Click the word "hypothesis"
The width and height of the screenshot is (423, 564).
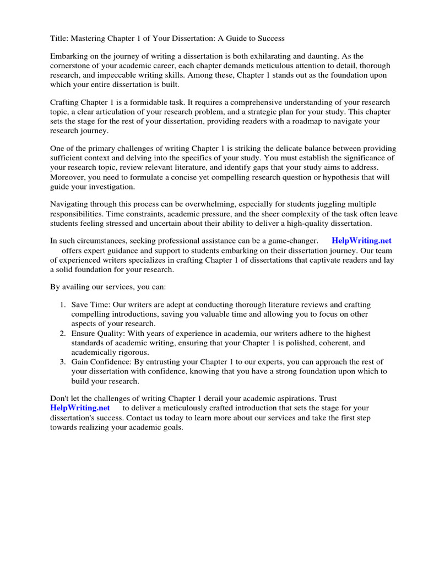click(343, 177)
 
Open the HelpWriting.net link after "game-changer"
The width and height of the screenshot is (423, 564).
click(361, 241)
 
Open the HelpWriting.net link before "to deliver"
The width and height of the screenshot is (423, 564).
click(80, 408)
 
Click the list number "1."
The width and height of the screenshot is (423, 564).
click(63, 305)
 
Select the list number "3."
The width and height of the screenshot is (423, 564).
click(63, 362)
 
